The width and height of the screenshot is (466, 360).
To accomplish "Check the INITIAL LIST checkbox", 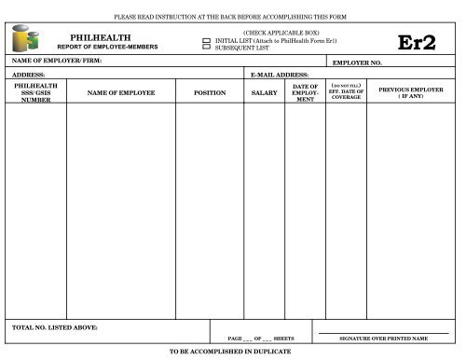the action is (x=208, y=40).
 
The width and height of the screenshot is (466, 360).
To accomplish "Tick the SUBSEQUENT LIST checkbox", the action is (x=208, y=47).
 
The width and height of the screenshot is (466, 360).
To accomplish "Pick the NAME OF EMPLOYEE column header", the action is (x=119, y=93).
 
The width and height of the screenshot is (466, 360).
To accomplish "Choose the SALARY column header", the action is (x=265, y=93).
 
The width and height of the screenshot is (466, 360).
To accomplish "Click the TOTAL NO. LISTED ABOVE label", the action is (x=54, y=327).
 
